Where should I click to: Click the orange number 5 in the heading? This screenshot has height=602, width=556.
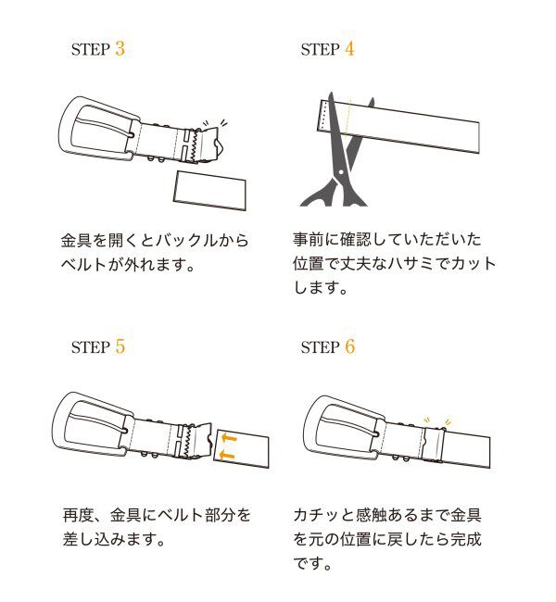click(x=120, y=347)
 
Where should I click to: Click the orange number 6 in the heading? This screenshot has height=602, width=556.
click(x=349, y=347)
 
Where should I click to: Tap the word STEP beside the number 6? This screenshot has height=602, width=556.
click(x=320, y=349)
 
